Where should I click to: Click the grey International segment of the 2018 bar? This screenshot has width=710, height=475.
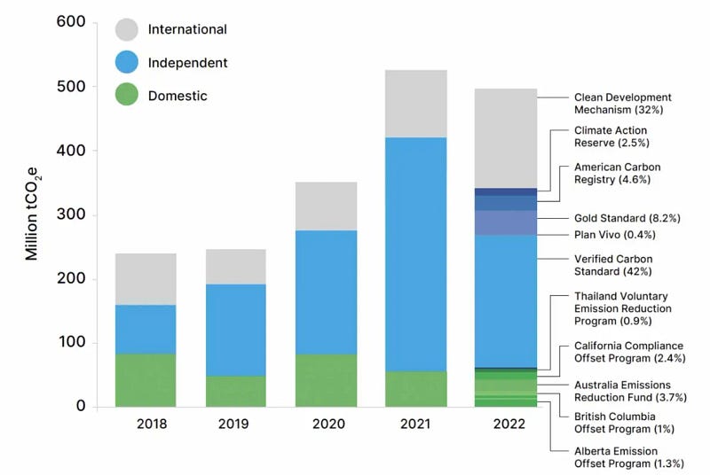point(146,279)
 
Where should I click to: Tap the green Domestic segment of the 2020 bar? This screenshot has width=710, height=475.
point(327,380)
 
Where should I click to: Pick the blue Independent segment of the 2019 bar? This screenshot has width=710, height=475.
point(235,330)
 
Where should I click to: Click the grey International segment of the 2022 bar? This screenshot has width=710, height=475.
point(506,138)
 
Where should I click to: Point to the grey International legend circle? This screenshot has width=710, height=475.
point(127,29)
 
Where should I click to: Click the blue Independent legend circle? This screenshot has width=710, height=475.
point(127,62)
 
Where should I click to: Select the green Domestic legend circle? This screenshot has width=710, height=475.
point(127,95)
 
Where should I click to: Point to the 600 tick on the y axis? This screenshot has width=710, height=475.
point(69,23)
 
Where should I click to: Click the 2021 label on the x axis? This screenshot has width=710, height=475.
point(416,424)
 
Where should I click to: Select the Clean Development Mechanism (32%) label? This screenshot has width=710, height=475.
point(623,104)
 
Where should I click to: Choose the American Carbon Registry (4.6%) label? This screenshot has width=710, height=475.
point(618,173)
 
